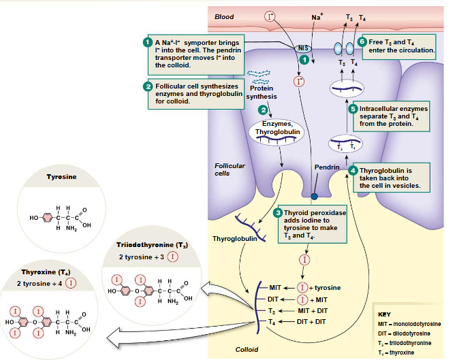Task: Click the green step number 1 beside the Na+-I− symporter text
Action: [146, 43]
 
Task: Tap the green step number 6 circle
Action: [362, 40]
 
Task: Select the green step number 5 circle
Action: [353, 108]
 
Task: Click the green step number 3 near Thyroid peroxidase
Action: [277, 213]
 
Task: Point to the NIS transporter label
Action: [304, 48]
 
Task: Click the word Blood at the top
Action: [223, 16]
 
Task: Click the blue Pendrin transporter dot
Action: [314, 197]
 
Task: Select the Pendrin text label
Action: [326, 167]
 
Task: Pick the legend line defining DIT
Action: [408, 333]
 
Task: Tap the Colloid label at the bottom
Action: [247, 349]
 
